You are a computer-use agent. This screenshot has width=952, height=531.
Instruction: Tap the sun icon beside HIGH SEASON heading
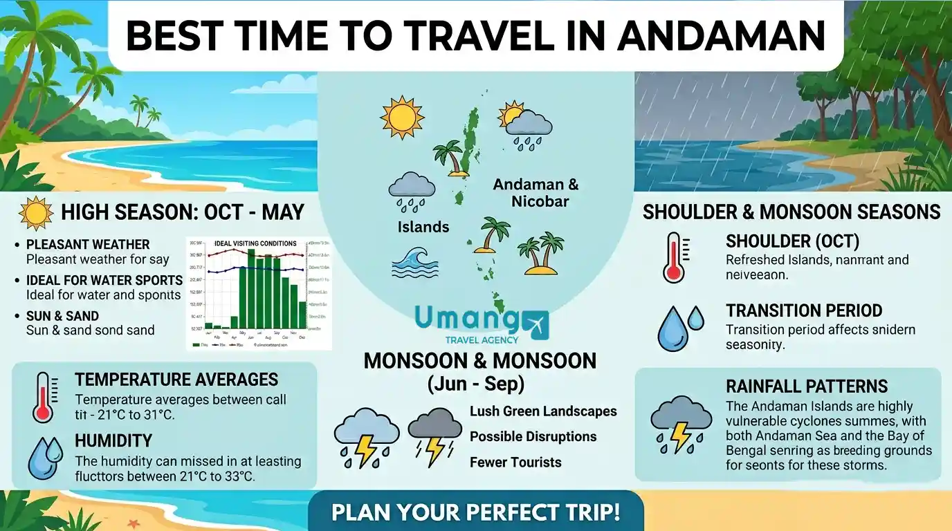(37, 213)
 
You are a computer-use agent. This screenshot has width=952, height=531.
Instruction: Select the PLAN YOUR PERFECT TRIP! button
(475, 513)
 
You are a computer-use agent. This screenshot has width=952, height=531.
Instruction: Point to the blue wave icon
(416, 263)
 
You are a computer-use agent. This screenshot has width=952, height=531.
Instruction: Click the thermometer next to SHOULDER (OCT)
(675, 258)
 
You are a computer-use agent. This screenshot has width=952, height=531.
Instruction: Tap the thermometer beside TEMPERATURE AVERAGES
(43, 397)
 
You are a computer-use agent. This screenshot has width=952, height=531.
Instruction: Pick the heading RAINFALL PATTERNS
(807, 386)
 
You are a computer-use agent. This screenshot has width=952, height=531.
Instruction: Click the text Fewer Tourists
(515, 463)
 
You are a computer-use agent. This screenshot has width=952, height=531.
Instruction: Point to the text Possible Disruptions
(533, 437)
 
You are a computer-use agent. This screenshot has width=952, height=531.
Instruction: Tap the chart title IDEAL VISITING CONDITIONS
(255, 243)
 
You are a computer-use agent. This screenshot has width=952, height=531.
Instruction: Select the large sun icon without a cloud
(402, 117)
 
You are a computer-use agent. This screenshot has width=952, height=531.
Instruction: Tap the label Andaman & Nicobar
(535, 193)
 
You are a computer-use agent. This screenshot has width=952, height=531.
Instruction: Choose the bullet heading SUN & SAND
(62, 316)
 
